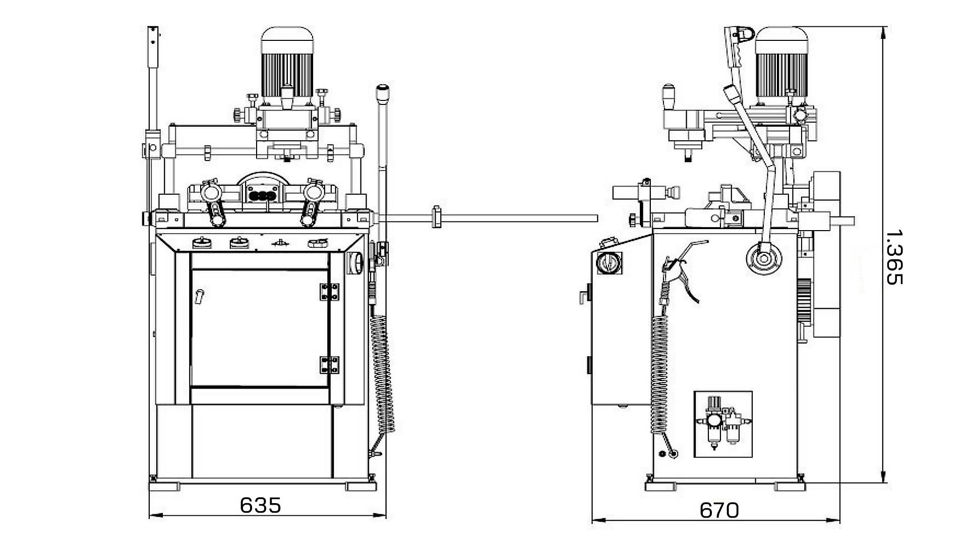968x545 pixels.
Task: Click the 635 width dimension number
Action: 260,505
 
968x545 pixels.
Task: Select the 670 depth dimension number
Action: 719,511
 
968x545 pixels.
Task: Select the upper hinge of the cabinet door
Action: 330,292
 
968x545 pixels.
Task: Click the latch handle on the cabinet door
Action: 200,296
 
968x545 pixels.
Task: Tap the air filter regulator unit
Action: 723,424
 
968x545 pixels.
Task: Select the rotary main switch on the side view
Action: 609,262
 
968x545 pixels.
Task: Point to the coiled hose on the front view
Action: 383,373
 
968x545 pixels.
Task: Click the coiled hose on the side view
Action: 659,373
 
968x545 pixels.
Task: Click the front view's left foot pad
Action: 164,486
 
